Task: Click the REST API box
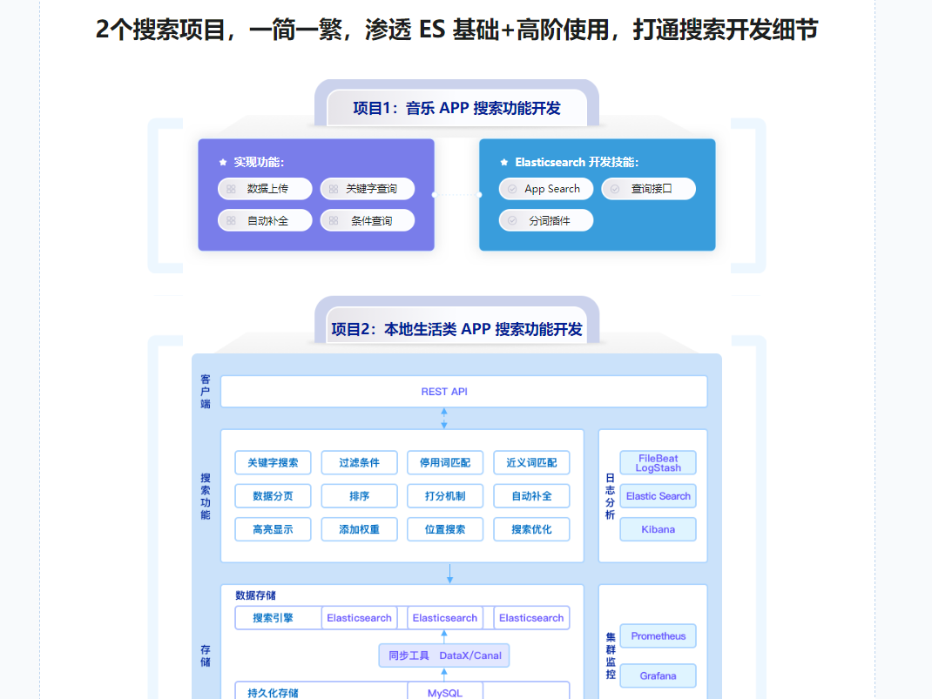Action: point(463,392)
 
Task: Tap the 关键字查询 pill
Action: point(368,189)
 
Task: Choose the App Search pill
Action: point(546,189)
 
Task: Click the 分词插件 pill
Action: point(546,221)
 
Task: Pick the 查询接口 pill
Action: point(649,189)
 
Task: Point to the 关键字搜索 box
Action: point(273,462)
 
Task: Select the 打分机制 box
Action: point(444,496)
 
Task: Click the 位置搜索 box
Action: point(444,529)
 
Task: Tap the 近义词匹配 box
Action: point(531,462)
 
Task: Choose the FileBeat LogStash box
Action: point(658,463)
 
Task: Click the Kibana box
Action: point(658,529)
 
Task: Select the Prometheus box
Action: point(658,636)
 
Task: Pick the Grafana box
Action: point(658,676)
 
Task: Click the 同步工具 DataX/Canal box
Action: point(444,655)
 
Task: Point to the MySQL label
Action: point(444,693)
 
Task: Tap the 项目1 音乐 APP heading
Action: point(456,108)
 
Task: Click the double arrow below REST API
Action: point(444,418)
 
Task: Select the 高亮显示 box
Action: point(273,529)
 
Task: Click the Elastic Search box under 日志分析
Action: point(658,496)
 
